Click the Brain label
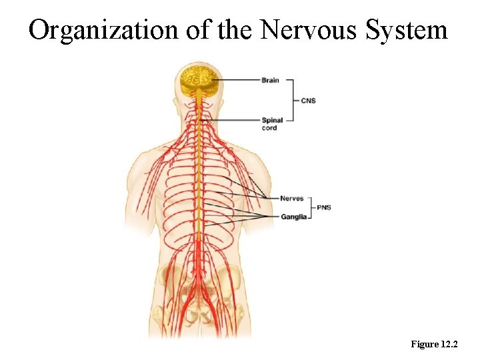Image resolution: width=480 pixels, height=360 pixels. coord(270,81)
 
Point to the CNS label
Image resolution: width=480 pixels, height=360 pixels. coord(308,101)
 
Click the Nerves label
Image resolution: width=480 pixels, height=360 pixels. coord(291,198)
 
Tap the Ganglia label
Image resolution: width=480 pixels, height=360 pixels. coord(293,217)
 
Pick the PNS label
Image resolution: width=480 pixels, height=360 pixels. coord(323,207)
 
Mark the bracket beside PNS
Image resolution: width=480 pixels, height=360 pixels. coord(311,207)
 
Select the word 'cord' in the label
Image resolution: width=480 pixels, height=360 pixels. coord(269,128)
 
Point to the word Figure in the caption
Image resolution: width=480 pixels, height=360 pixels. coord(425,344)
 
